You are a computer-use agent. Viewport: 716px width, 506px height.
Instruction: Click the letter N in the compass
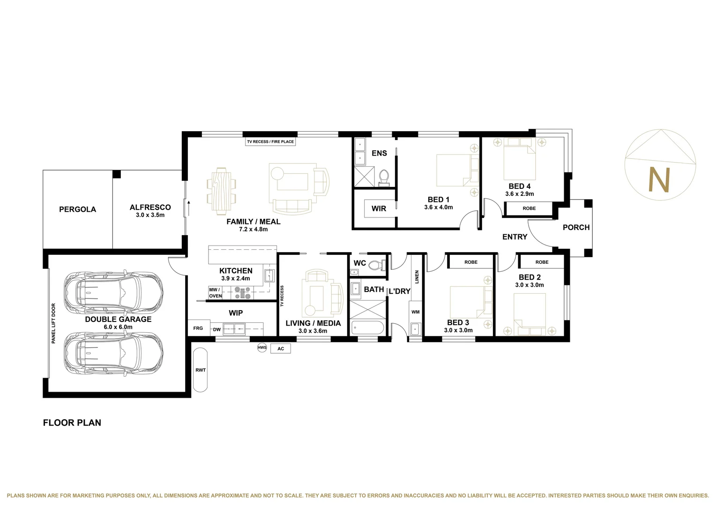[x=658, y=179]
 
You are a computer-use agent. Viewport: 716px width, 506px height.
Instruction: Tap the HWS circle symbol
[x=262, y=348]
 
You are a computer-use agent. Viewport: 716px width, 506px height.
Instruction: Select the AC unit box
[x=281, y=349]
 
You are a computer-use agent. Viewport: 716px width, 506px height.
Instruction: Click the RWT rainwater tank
[x=201, y=370]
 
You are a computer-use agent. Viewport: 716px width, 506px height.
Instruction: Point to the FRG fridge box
[x=198, y=328]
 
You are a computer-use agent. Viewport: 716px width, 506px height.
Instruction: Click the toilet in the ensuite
[x=384, y=178]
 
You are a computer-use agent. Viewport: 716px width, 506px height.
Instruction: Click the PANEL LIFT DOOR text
[x=53, y=323]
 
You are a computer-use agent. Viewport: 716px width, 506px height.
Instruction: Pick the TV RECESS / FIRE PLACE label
[x=271, y=141]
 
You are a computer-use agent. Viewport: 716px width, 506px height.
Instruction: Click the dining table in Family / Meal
[x=222, y=191]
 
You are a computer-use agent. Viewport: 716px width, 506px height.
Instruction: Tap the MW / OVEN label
[x=215, y=293]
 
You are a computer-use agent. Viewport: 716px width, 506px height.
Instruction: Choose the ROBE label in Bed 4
[x=529, y=208]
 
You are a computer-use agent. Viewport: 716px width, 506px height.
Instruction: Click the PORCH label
[x=576, y=227]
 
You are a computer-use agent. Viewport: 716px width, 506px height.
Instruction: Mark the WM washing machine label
[x=415, y=312]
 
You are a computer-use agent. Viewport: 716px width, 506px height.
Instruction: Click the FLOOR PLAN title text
[x=72, y=423]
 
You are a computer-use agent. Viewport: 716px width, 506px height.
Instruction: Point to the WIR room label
[x=379, y=208]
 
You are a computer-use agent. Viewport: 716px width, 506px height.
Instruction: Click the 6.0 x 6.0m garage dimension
[x=118, y=327]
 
